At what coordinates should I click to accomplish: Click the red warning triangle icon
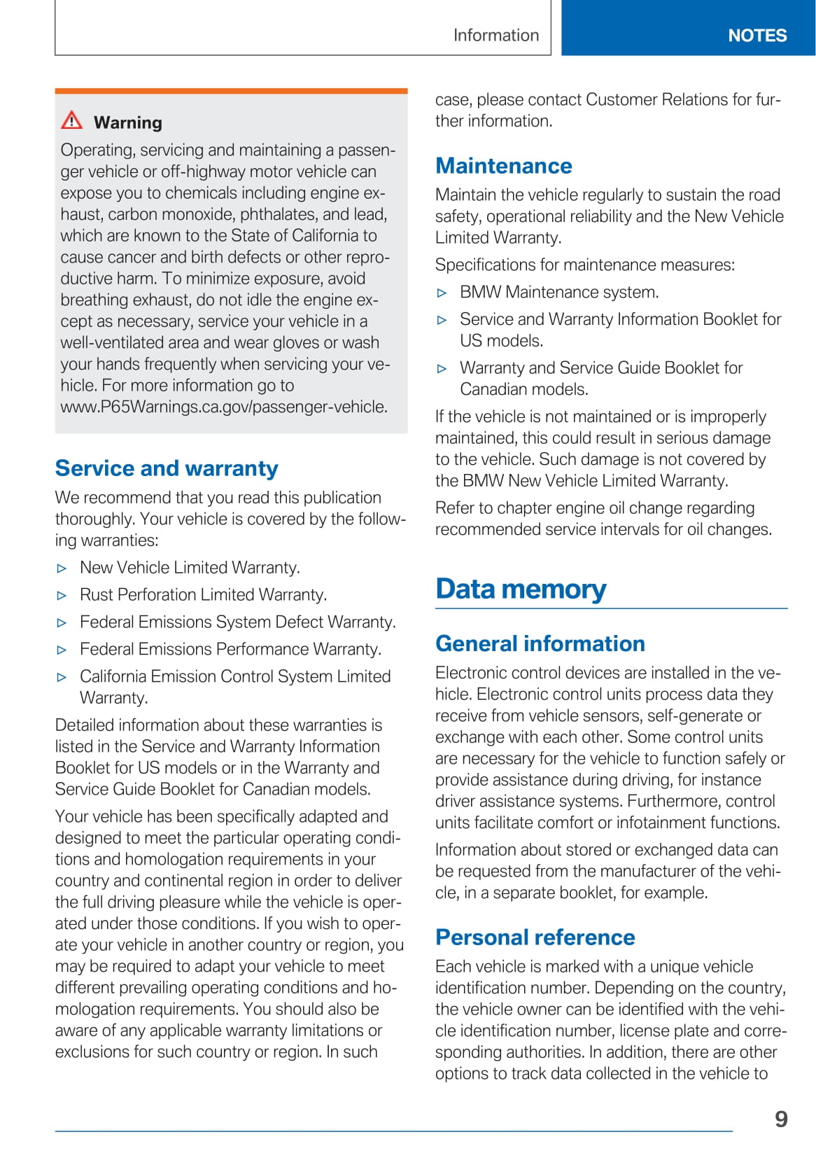(71, 120)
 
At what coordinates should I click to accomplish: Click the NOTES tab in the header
(757, 35)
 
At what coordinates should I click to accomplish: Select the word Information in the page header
(495, 35)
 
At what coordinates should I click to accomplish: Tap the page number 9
(781, 1119)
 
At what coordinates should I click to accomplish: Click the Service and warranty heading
(167, 468)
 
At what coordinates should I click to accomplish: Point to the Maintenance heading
(503, 165)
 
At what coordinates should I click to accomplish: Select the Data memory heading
(521, 589)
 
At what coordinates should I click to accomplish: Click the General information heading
(540, 643)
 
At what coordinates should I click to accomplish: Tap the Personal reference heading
(535, 937)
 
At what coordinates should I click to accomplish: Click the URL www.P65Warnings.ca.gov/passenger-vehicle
(224, 407)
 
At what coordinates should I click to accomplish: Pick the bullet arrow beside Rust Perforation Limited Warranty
(62, 596)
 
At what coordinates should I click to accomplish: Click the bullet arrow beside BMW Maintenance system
(442, 293)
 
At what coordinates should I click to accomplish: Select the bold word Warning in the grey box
(128, 123)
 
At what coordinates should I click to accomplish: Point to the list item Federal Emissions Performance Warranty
(230, 649)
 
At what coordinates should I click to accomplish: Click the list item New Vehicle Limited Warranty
(190, 567)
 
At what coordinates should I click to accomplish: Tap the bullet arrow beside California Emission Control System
(62, 678)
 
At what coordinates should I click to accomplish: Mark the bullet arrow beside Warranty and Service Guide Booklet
(442, 369)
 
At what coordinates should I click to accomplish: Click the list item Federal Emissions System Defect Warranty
(237, 622)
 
